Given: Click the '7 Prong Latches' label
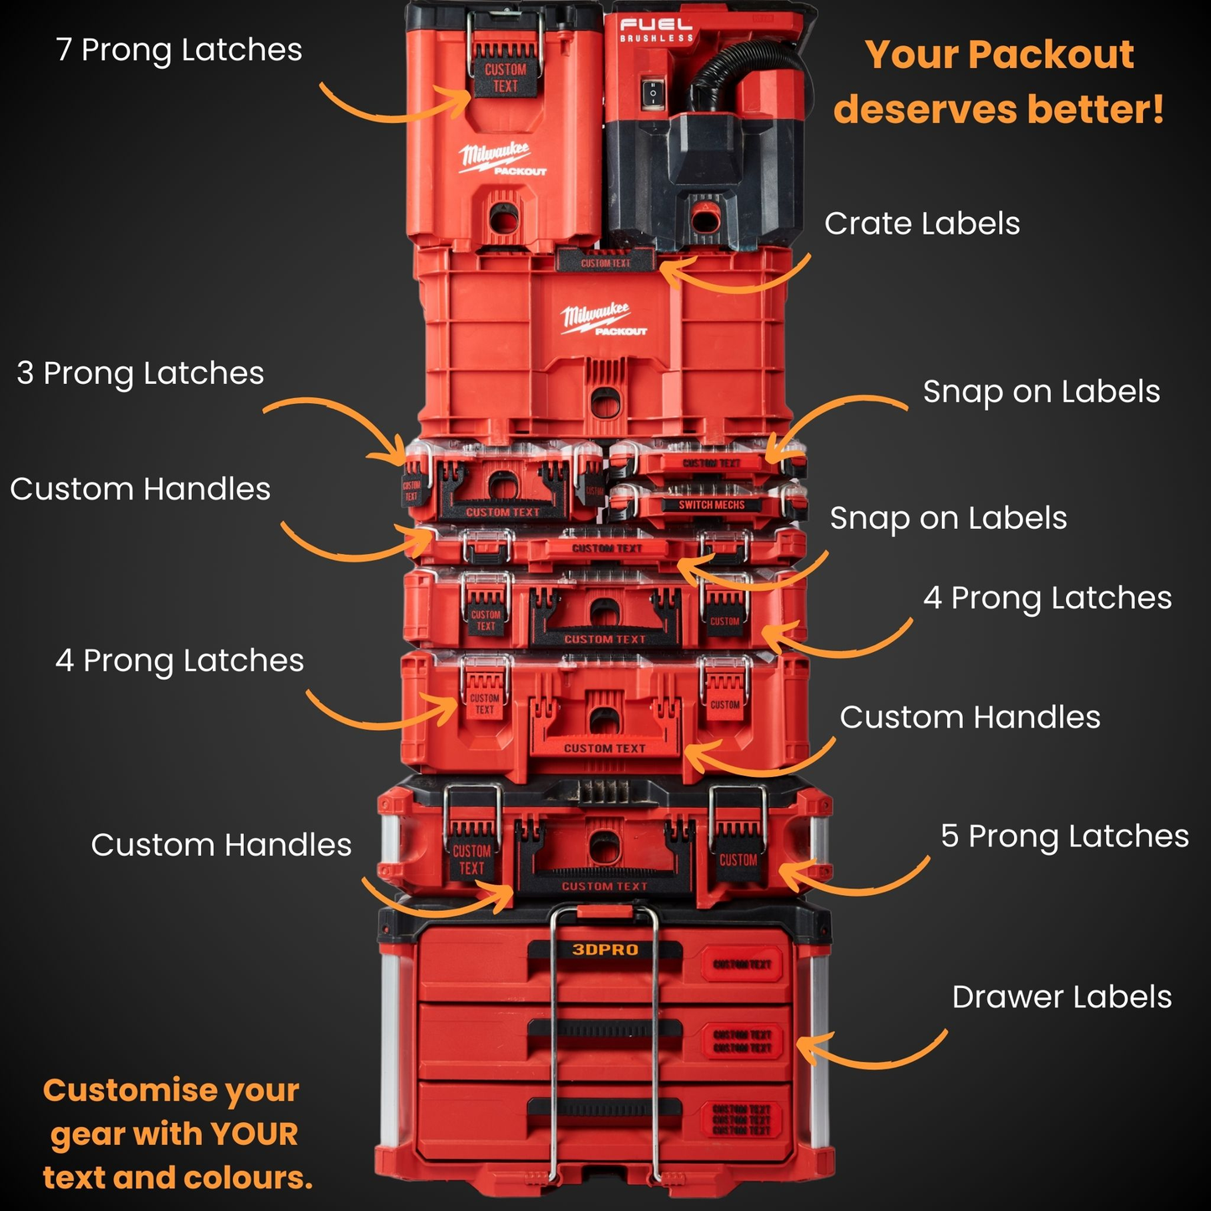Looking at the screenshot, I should point(179,50).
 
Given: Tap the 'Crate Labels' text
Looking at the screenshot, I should point(922,224).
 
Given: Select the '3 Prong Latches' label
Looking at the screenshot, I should point(140,374).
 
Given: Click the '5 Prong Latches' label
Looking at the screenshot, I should point(1064,836).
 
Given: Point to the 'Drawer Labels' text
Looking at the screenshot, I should point(1062,997).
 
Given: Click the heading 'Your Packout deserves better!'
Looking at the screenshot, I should point(999,82).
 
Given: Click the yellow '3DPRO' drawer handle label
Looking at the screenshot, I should point(605,950).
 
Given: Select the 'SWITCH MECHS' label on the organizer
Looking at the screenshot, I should point(711,505).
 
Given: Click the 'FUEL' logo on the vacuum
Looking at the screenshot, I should point(656,25).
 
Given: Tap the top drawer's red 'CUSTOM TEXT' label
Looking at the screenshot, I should point(742,965).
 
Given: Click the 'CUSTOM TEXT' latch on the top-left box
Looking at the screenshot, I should point(505,78).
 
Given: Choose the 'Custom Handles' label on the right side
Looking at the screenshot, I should point(970,718).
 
